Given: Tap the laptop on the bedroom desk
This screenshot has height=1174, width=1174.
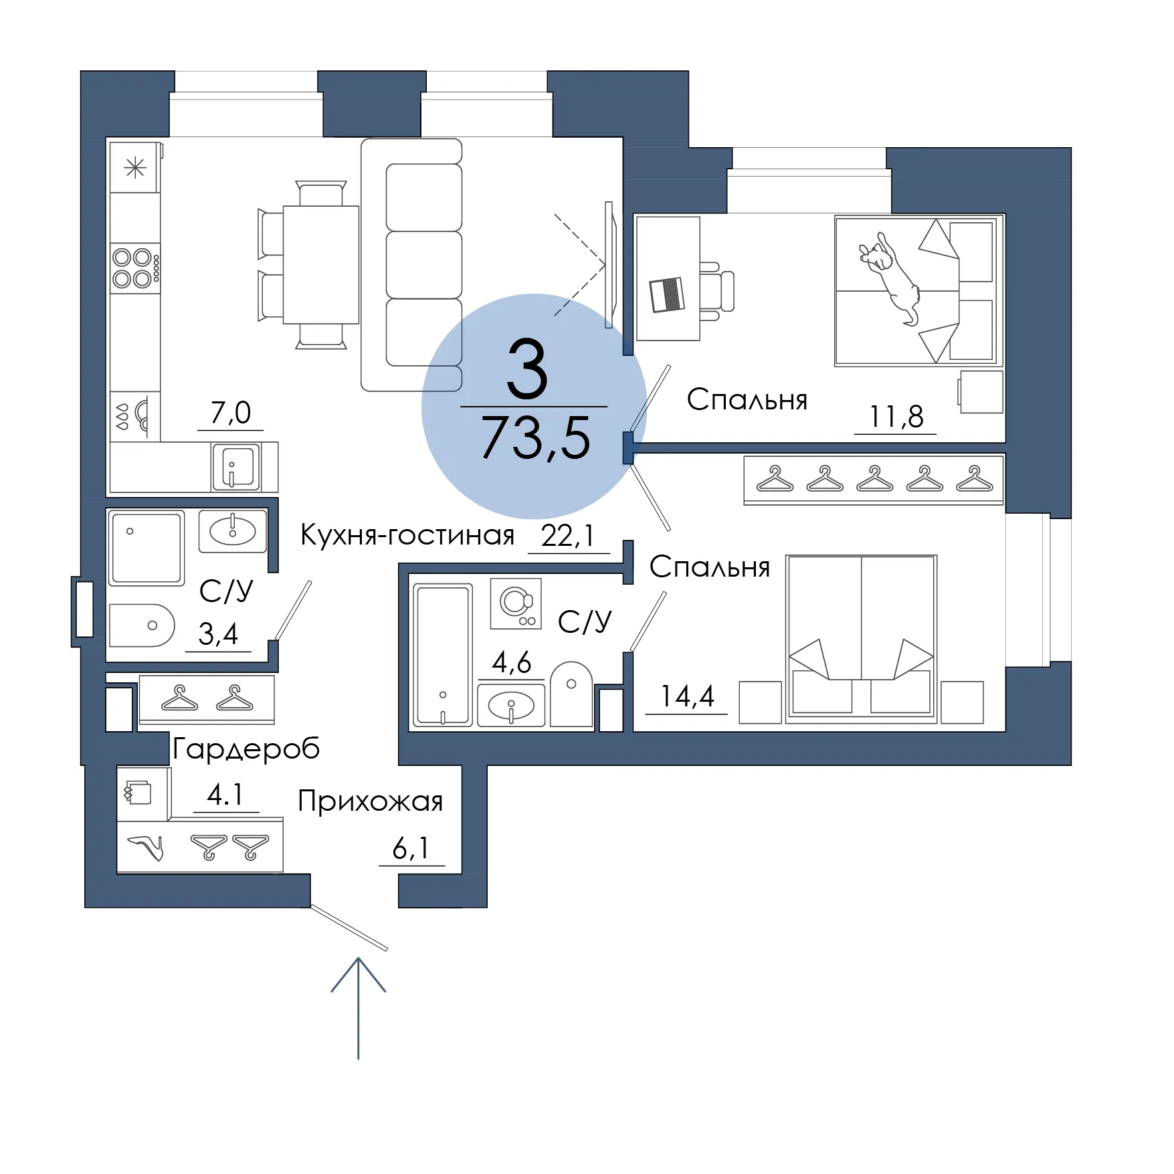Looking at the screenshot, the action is click(667, 294).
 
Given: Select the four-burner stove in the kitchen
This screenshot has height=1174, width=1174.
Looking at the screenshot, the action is click(136, 268).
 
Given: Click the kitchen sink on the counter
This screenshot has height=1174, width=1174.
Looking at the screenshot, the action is click(235, 466).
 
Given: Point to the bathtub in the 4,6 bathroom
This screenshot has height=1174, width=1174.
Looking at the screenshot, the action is click(443, 655).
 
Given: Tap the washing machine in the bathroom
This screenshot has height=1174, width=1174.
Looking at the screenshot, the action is click(516, 603).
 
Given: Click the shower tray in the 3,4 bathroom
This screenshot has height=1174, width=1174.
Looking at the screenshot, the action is click(146, 548).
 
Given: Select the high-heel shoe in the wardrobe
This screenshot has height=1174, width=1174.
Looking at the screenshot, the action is click(146, 848).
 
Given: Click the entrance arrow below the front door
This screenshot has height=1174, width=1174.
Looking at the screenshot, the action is click(359, 1008).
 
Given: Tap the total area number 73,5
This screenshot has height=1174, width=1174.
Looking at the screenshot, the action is click(535, 438).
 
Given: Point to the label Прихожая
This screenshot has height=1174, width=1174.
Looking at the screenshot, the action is click(371, 801).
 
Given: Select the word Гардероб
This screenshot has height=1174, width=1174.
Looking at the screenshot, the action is click(246, 749).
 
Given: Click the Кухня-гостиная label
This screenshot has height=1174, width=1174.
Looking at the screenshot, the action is click(407, 535).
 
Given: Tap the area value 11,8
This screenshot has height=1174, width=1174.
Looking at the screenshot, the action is click(896, 417).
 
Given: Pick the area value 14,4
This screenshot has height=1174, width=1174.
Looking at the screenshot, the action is click(687, 696).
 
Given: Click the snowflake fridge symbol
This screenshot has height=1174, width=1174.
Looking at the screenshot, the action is click(135, 167).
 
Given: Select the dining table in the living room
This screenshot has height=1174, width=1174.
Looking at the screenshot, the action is click(321, 265).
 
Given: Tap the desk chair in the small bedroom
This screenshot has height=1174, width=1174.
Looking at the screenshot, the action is click(716, 291).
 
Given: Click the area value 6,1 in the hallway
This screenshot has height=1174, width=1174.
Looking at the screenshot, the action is click(411, 848).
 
